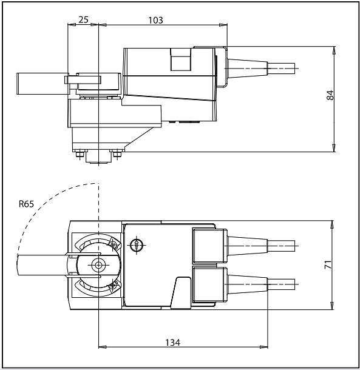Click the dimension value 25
click(x=83, y=20)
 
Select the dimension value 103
click(x=155, y=20)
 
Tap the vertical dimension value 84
click(x=330, y=95)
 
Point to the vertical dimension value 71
click(x=328, y=264)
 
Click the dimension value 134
click(x=172, y=342)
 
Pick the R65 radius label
click(x=26, y=204)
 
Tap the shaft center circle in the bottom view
click(x=98, y=265)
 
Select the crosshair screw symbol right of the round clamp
click(x=137, y=244)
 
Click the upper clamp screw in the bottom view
click(x=113, y=244)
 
